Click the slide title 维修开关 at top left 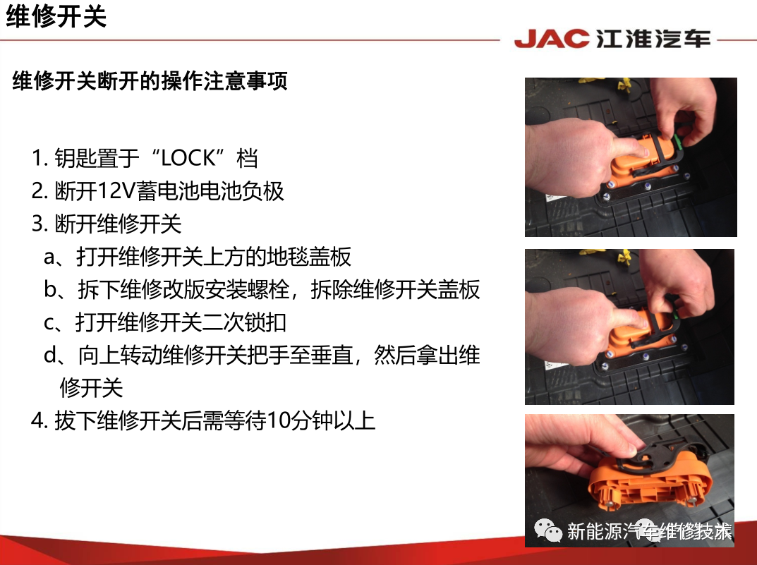pos(56,16)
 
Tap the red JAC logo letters pos(552,39)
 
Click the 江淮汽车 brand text pos(653,39)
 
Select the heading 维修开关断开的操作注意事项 pos(150,80)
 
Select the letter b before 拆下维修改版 pos(50,289)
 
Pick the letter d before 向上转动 pos(50,355)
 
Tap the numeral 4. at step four pos(39,420)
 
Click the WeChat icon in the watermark pos(548,530)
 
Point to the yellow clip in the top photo pos(624,85)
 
